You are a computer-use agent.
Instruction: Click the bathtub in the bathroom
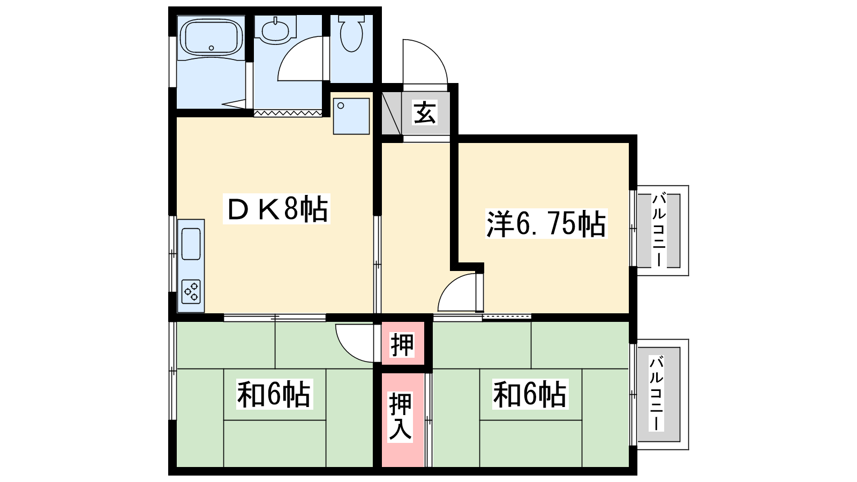tap(211, 37)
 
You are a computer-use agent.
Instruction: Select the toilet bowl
tap(351, 34)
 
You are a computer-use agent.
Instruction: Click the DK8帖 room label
tap(276, 209)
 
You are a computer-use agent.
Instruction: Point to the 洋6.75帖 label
tap(546, 224)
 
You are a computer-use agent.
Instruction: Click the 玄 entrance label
tap(424, 113)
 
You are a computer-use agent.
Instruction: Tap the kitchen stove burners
tap(191, 291)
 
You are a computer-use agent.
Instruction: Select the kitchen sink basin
tap(191, 244)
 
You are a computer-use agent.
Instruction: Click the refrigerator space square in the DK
tap(351, 116)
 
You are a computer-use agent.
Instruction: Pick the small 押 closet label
tap(402, 345)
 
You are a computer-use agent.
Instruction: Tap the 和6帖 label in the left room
tap(274, 394)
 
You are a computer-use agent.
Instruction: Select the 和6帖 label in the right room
tap(530, 394)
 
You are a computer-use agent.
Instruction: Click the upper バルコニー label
tap(659, 230)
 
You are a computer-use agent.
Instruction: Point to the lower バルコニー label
tap(657, 393)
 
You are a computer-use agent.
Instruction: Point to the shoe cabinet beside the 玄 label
tap(392, 113)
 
